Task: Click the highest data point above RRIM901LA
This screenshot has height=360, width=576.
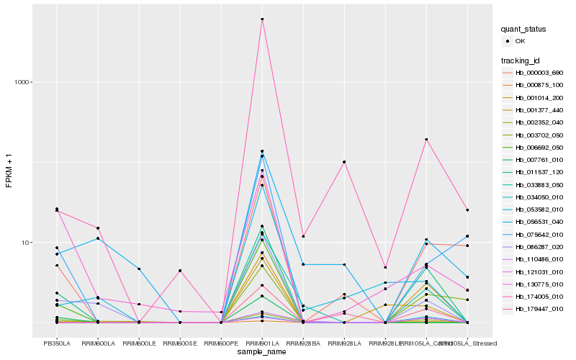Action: [262, 19]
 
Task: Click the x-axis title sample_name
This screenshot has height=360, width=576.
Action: [262, 352]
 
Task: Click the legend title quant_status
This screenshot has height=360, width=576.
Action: [525, 30]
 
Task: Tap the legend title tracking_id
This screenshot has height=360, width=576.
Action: [522, 60]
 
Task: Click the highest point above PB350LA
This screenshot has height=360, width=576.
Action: [57, 209]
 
